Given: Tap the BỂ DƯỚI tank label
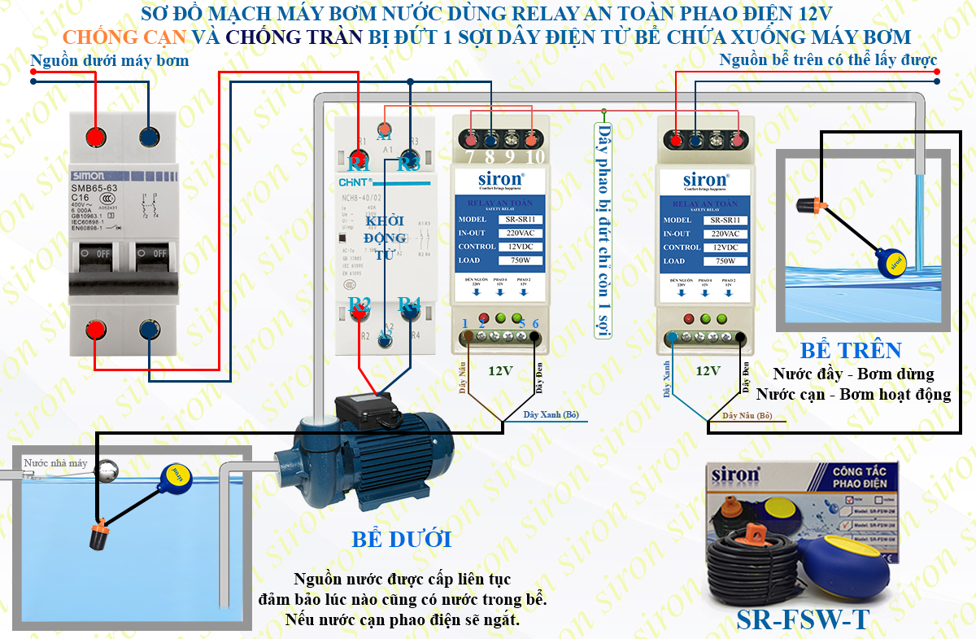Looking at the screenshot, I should coord(401,539).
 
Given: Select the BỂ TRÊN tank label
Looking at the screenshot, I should coord(851,351).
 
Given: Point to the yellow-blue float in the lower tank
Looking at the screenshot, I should coord(175,476).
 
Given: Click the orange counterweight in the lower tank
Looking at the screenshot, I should coord(100,536).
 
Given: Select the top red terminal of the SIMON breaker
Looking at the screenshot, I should coord(98,136).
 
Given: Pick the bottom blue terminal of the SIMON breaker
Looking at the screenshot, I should coord(149,330).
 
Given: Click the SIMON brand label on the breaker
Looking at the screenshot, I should coord(94,175).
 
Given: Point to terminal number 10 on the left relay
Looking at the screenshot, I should coord(534,156).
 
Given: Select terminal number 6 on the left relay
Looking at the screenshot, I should coord(535,323).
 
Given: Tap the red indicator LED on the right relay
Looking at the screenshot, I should coord(690,318).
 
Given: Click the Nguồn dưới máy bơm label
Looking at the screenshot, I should coord(109,61).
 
